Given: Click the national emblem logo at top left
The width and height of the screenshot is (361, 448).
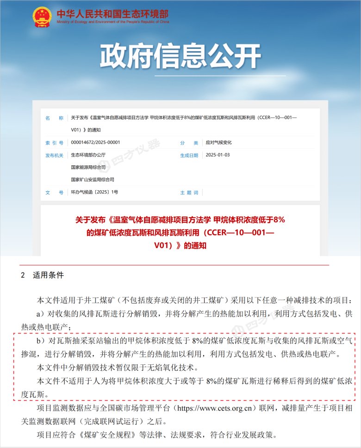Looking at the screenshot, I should [x=43, y=16].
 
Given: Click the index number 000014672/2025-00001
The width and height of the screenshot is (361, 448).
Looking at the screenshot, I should [x=95, y=143].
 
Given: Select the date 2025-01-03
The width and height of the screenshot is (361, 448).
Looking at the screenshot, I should [x=218, y=155].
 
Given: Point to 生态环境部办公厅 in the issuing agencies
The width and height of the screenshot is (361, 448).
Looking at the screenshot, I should [x=88, y=155].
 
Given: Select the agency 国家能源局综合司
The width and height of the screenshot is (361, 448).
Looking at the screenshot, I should [x=88, y=167].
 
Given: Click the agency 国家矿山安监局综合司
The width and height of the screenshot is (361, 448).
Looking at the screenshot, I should [x=92, y=179].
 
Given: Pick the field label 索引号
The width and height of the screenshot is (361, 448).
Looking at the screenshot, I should [x=54, y=143].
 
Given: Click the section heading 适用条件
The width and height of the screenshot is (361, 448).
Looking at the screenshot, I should [x=48, y=275].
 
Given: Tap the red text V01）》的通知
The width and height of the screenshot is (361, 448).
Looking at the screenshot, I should [x=180, y=246].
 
